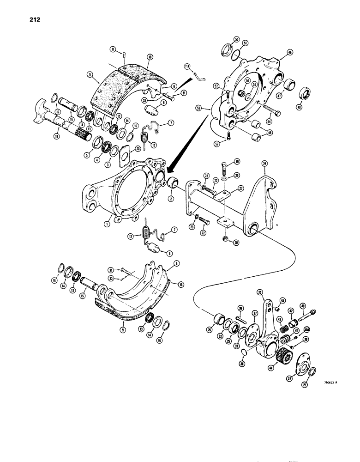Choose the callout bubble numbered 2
pos(171,199)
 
